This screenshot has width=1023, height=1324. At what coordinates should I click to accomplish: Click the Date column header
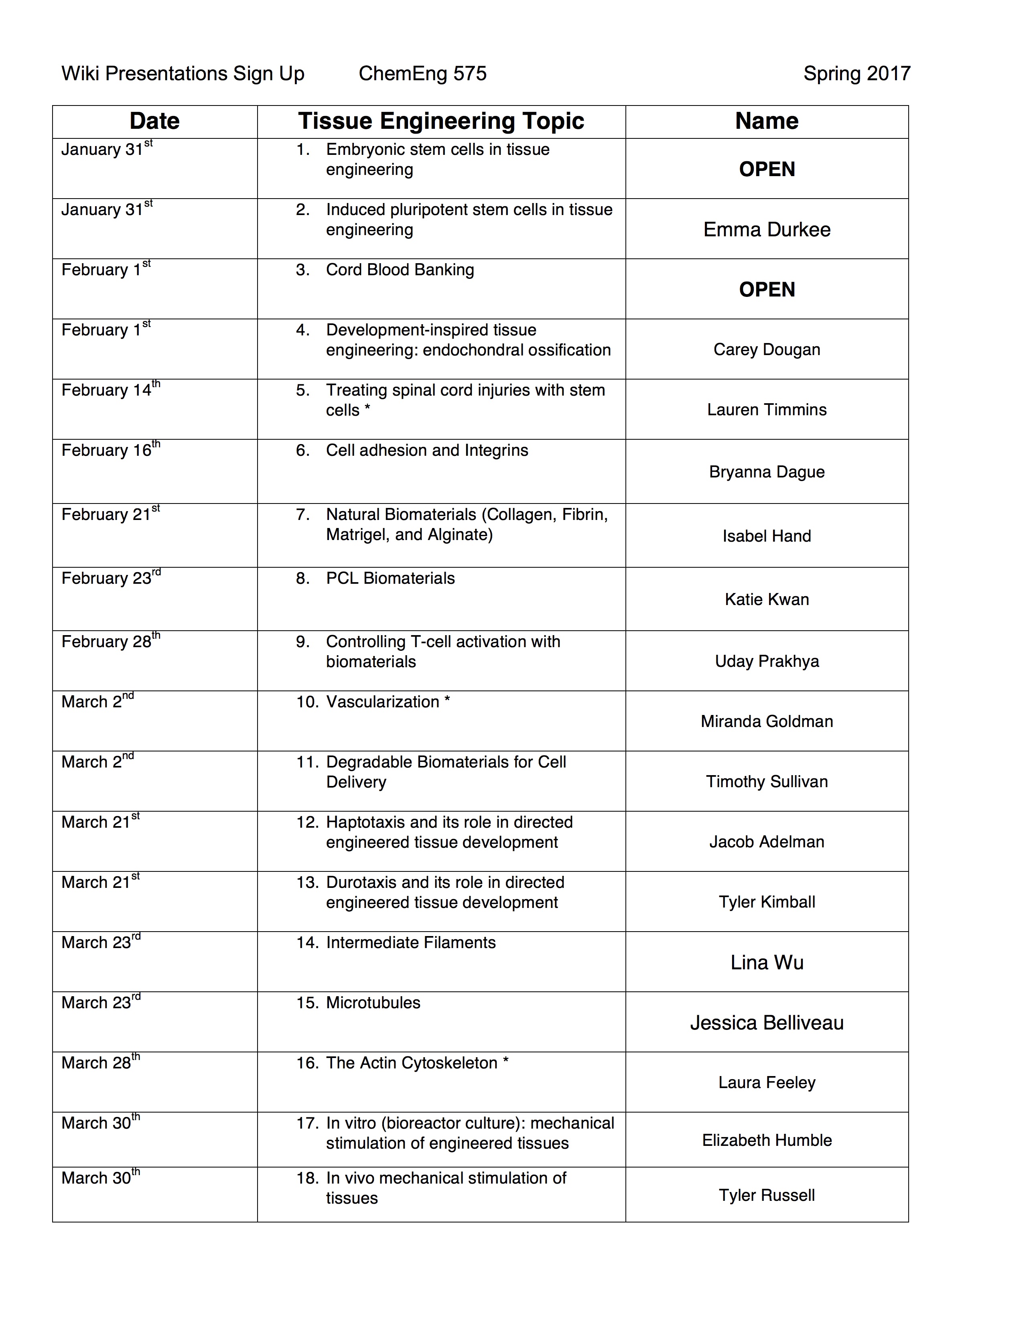[x=154, y=121]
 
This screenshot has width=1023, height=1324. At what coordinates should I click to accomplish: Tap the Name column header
[x=767, y=121]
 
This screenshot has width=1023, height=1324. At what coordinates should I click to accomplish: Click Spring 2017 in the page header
[x=857, y=73]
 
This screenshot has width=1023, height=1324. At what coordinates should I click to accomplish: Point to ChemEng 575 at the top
[x=422, y=73]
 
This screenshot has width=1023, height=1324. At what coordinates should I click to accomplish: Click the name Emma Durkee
[x=767, y=229]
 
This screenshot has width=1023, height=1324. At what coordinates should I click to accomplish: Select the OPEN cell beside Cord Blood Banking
[x=767, y=289]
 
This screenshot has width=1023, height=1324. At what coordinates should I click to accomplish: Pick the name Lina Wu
[x=767, y=962]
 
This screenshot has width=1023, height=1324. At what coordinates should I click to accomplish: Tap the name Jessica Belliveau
[x=767, y=1023]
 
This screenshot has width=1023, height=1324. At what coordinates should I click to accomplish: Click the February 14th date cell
[x=110, y=390]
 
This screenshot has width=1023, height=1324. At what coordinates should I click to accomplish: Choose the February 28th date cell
[x=110, y=642]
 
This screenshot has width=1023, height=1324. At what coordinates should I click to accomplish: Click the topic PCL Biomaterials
[x=390, y=578]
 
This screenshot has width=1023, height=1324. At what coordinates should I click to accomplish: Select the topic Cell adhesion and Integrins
[x=427, y=451]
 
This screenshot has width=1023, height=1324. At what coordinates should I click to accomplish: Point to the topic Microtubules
[x=373, y=1003]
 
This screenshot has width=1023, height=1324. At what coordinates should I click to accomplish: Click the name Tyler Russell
[x=767, y=1195]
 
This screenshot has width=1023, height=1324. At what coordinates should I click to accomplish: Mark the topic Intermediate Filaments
[x=410, y=943]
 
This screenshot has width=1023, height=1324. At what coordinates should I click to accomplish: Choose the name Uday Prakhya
[x=767, y=661]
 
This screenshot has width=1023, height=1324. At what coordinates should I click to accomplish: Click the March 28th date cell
[x=100, y=1063]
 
